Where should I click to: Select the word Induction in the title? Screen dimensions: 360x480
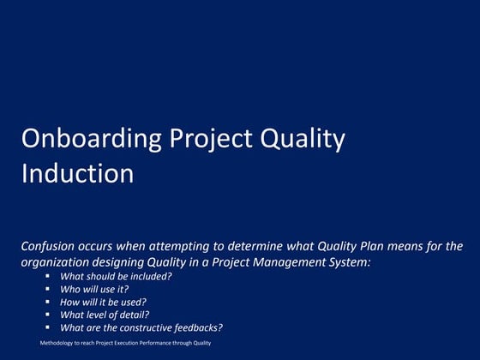click(x=77, y=174)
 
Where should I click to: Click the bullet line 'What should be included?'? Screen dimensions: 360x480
click(x=116, y=276)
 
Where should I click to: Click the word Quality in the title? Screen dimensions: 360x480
click(x=303, y=140)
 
